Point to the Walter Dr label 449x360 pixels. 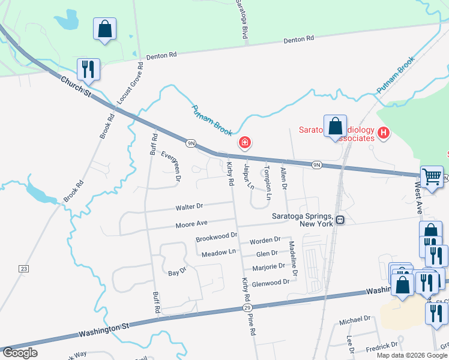click(189, 206)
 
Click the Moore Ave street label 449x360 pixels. click(191, 223)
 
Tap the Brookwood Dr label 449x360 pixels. click(217, 238)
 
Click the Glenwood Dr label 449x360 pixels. click(271, 283)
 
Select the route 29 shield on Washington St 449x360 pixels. click(247, 307)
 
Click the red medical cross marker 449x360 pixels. click(244, 142)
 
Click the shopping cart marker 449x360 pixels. click(431, 176)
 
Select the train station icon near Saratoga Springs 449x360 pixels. click(340, 220)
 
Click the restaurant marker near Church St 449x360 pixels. click(88, 69)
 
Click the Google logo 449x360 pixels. click(20, 353)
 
